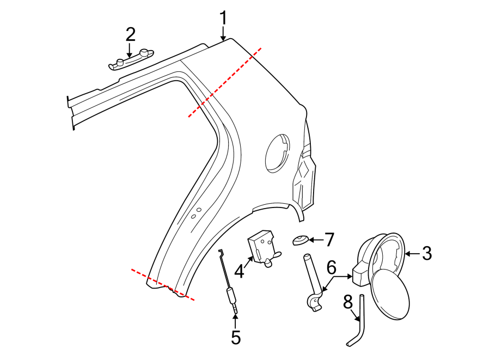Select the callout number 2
(130, 34)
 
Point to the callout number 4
(239, 271)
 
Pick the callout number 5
(235, 338)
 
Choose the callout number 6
(332, 267)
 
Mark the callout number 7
(329, 239)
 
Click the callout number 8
(348, 302)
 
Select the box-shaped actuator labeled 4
(263, 245)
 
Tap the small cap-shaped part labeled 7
(300, 240)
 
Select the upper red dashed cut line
(225, 82)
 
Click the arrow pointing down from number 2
(130, 51)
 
